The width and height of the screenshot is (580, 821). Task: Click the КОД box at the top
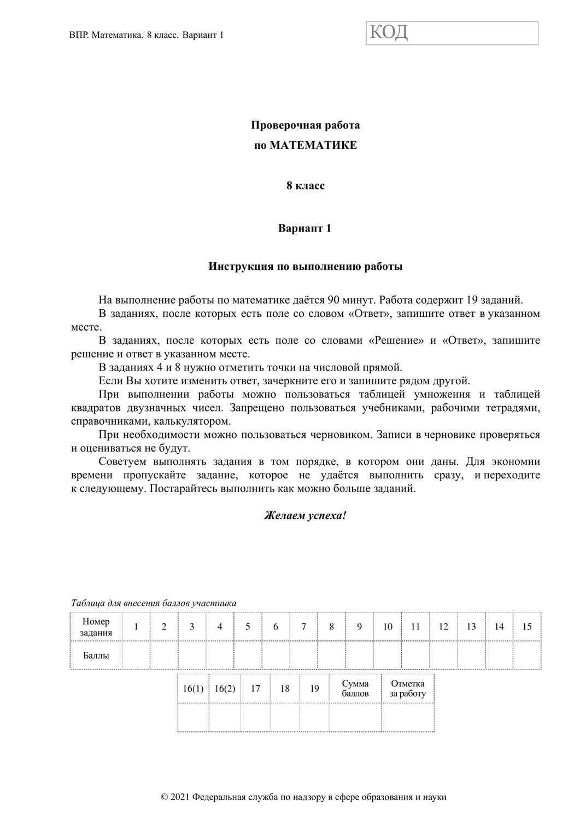click(452, 33)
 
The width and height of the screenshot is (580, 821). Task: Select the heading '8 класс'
click(306, 186)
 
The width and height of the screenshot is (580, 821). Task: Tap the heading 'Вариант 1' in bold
click(305, 228)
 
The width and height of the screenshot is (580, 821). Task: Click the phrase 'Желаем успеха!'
click(305, 516)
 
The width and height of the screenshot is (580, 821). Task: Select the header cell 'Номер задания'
click(96, 627)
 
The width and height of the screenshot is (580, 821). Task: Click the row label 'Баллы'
click(96, 656)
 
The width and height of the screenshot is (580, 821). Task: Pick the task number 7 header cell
click(304, 627)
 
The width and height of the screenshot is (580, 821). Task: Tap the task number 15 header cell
click(527, 627)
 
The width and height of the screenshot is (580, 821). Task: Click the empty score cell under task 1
click(136, 656)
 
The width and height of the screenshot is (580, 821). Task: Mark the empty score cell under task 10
click(388, 656)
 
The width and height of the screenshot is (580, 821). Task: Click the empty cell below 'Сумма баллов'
click(355, 718)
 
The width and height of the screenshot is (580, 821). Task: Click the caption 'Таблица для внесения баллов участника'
click(154, 603)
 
